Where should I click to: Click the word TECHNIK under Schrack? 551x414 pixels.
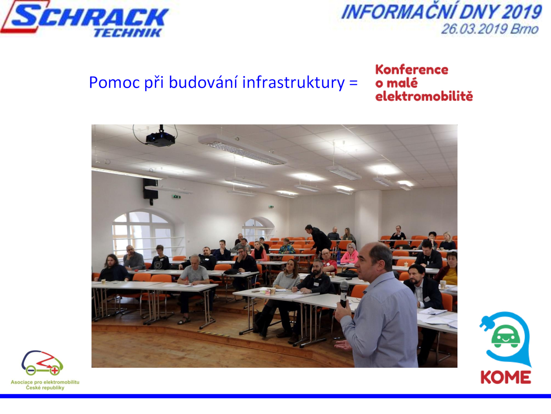128,33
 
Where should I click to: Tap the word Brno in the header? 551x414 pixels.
524,29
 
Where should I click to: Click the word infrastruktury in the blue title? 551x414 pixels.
293,82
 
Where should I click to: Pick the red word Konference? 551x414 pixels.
412,70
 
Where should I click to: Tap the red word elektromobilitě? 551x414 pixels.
424,96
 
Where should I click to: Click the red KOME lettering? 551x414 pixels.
506,377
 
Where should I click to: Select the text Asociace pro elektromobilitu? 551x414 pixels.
45,382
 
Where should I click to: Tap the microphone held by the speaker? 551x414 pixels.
344,294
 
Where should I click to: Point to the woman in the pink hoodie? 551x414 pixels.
350,254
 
